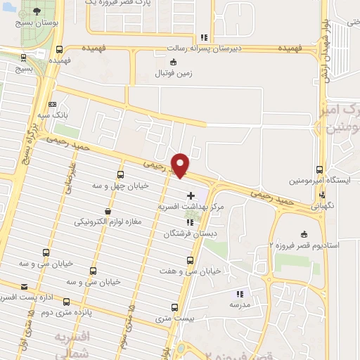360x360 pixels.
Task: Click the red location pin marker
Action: (181, 165)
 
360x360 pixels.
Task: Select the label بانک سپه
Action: (53, 114)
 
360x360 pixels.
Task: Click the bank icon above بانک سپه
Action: (53, 103)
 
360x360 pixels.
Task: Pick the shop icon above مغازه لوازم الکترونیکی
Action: (108, 210)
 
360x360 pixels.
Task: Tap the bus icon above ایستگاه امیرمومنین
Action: (320, 169)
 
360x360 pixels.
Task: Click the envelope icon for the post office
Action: (25, 287)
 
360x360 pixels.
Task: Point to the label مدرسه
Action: (240, 304)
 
